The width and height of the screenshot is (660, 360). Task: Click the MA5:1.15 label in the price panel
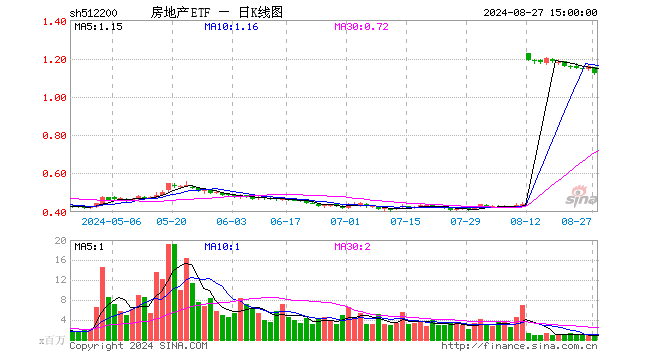[98, 27]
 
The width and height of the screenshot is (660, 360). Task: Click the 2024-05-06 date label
[111, 221]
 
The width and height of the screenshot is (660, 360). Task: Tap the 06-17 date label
[287, 221]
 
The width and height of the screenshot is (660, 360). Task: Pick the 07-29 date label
[465, 221]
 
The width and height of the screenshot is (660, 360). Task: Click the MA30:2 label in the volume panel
[351, 245]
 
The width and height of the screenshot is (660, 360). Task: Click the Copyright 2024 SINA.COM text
[138, 346]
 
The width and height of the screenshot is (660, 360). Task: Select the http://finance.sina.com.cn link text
[519, 346]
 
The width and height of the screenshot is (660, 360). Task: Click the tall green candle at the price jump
[528, 57]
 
